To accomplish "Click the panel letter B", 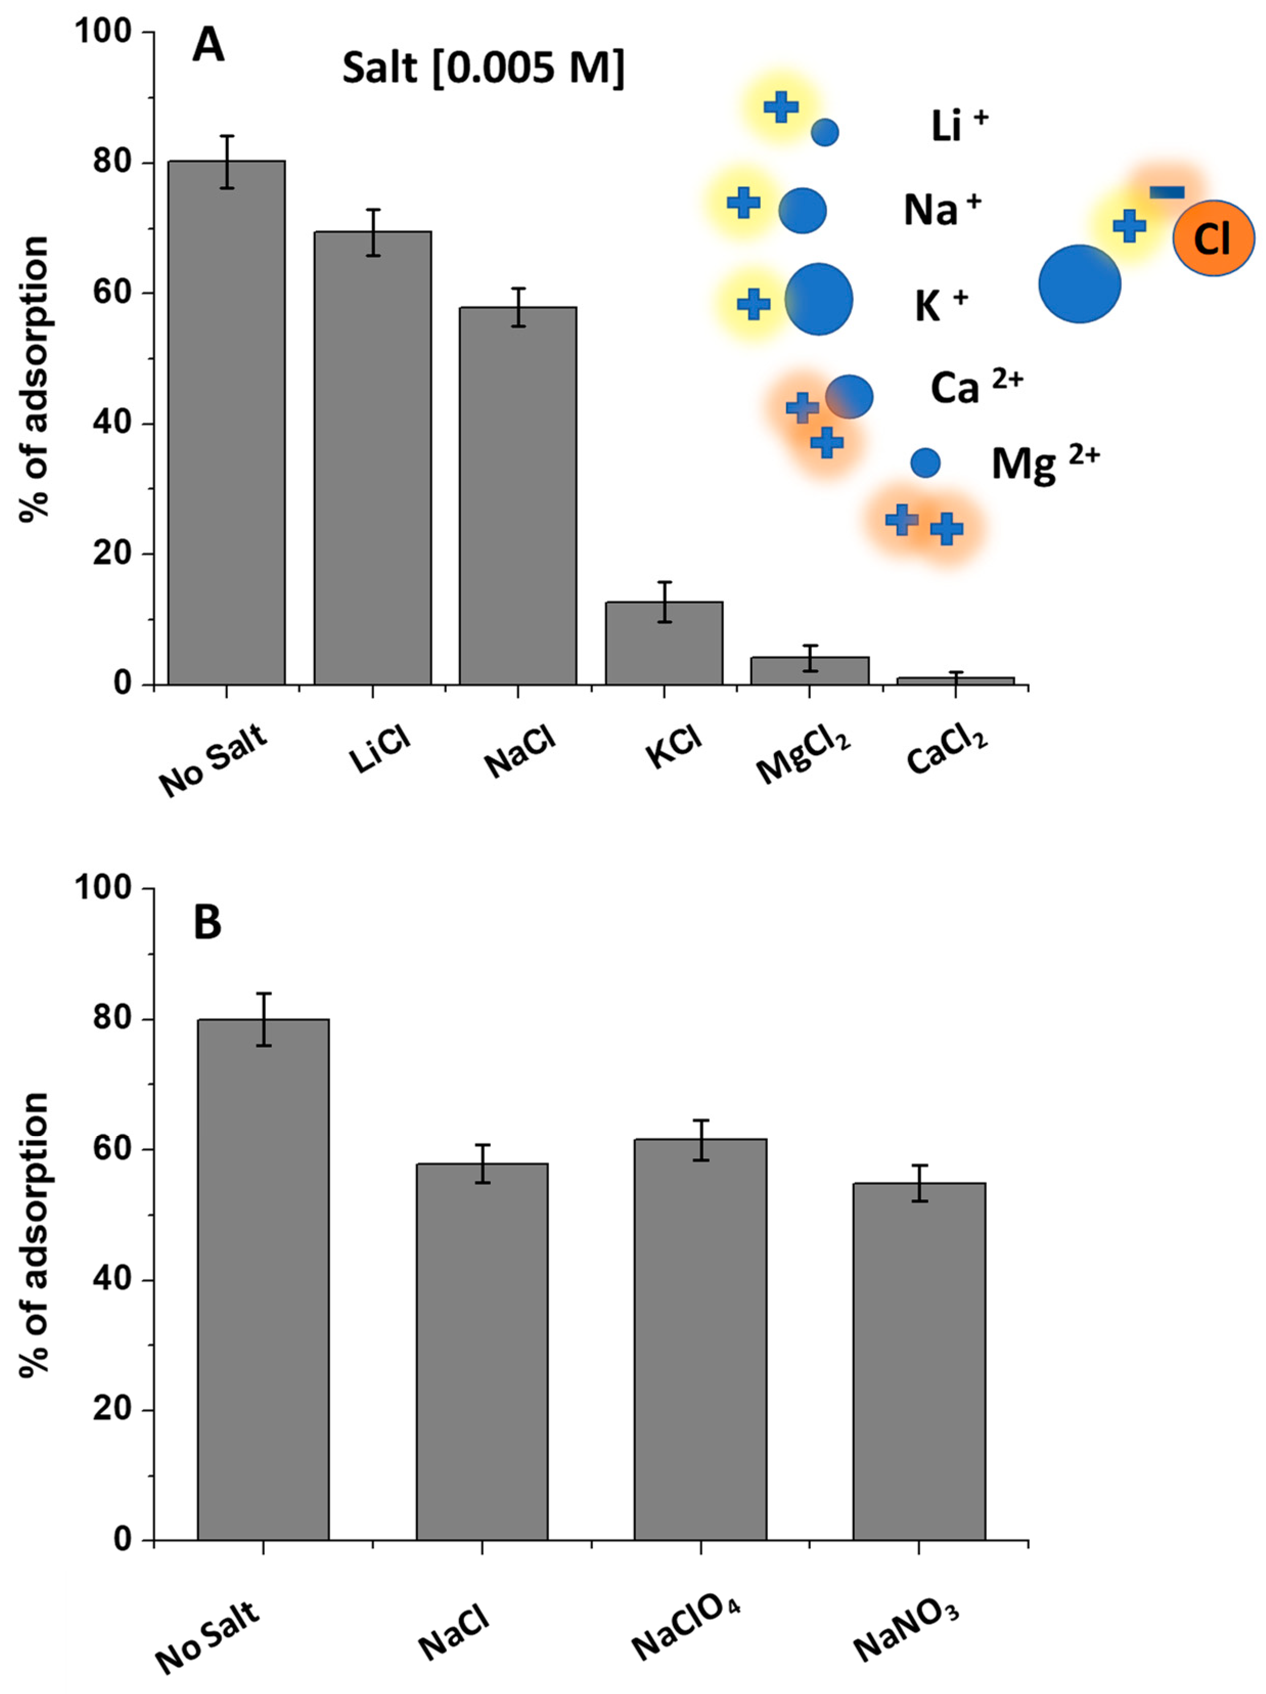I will (x=208, y=922).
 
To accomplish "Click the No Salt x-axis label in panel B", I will (x=208, y=1636).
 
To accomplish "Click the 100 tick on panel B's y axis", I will (x=103, y=888).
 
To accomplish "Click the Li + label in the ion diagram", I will (x=958, y=125).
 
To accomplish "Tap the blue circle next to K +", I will (x=819, y=299).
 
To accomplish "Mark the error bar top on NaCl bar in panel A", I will (x=518, y=289).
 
